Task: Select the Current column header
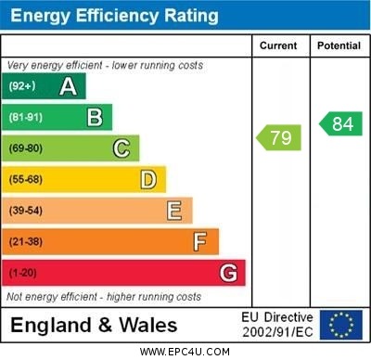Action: point(278,45)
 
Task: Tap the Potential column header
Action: point(339,45)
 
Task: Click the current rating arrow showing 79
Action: point(279,138)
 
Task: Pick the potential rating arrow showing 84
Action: point(340,123)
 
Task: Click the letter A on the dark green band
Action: point(68,86)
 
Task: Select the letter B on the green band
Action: point(95,117)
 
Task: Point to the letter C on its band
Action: point(122,148)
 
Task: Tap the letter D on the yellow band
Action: point(148,179)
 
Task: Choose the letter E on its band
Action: point(174,211)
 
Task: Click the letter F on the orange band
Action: point(200,241)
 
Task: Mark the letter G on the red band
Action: point(228,273)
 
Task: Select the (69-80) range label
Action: point(26,148)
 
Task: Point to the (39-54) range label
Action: point(26,211)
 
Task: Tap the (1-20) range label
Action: point(23,273)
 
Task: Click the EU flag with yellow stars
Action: point(341,325)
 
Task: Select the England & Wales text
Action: point(95,325)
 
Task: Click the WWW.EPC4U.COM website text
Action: point(185,353)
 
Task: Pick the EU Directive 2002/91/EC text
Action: point(277,325)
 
